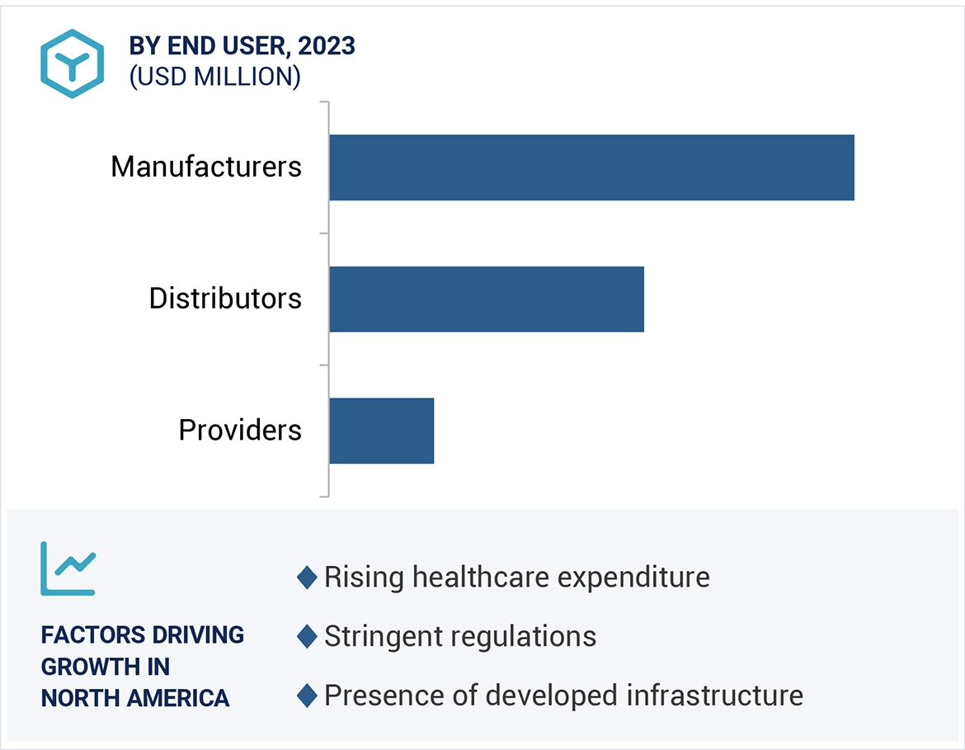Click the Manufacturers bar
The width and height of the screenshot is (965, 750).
591,167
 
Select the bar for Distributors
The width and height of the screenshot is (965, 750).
486,299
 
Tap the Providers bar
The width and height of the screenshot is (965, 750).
381,431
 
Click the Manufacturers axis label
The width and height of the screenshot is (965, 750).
206,167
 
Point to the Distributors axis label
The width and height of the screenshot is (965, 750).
225,299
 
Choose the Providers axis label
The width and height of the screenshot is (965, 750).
240,431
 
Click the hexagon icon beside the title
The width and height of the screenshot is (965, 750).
73,64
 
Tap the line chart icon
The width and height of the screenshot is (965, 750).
68,568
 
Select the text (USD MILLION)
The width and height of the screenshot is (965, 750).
214,77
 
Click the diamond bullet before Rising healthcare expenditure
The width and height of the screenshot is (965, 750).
307,578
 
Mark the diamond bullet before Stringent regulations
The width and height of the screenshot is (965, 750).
307,637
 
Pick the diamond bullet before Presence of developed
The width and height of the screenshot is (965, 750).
307,696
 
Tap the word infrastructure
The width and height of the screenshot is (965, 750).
715,696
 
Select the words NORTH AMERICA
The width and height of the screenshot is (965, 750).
135,698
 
